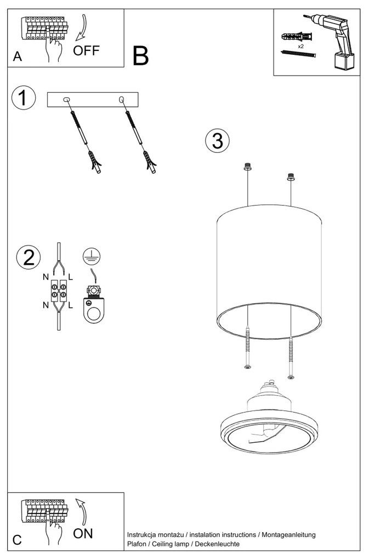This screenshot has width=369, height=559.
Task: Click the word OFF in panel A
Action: (87, 51)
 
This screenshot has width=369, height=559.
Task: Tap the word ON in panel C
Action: (84, 533)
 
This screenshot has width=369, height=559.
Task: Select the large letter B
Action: (140, 56)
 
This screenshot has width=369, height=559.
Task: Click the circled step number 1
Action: (23, 98)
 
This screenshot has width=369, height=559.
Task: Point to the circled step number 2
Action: (29, 258)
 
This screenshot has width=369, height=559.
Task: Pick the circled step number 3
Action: (217, 141)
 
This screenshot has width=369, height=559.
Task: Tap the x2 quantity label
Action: (301, 47)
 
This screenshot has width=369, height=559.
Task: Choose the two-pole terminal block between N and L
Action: (59, 290)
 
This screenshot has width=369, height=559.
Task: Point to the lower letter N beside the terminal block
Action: (46, 305)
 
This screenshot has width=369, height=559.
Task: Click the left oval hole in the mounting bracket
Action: (67, 100)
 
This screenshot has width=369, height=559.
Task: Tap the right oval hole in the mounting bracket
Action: (121, 100)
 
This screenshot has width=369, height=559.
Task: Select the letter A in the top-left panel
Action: (17, 56)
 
